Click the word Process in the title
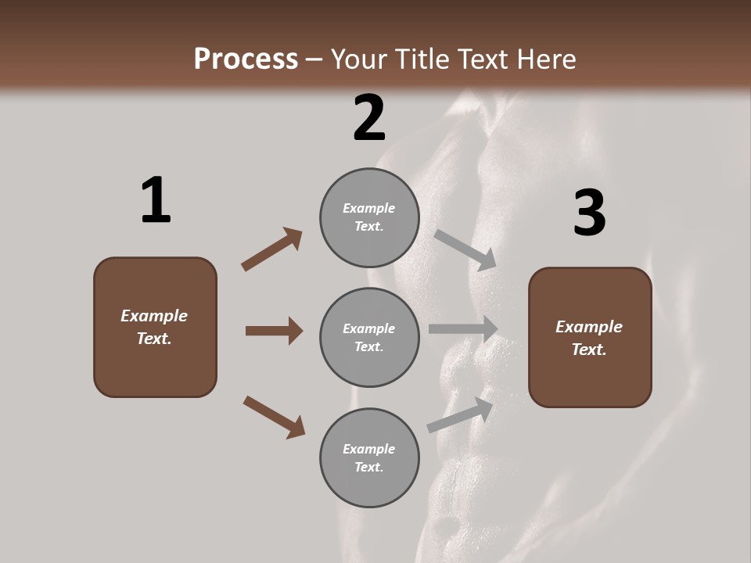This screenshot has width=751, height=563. coord(246,59)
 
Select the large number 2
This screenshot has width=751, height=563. coord(369,118)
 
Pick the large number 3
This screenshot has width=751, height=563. coord(589,213)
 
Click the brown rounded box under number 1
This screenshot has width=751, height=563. coord(155,327)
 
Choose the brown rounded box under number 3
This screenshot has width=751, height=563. coord(590,338)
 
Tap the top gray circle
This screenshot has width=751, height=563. coord(369,217)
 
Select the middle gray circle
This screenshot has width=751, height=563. coord(369,337)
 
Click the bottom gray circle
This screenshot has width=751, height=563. coord(369,457)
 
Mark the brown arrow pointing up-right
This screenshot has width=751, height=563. coord(272,249)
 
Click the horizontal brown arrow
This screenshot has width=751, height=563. coord(274,331)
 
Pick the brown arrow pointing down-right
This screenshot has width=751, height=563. coord(275,417)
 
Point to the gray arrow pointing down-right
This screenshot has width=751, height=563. coord(466,249)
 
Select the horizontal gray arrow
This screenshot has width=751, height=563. coord(463,329)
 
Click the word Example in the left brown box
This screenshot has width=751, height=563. coord(154,316)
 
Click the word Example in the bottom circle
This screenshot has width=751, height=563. coord(369,449)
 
